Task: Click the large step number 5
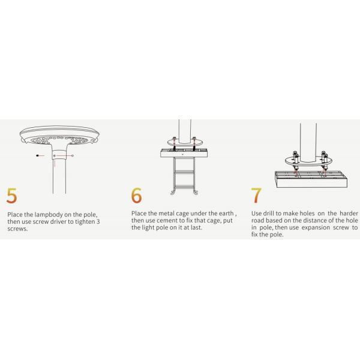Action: pos(11,196)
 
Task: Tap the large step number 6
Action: pos(136,195)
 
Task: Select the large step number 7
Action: pos(256,195)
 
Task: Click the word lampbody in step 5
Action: pos(49,215)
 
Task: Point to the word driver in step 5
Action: pos(58,222)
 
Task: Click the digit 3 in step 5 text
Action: pos(98,222)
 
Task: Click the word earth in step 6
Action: pos(226,213)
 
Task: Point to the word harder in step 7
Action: pos(349,213)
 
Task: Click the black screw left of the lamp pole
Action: pos(37,155)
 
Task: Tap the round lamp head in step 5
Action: pos(59,135)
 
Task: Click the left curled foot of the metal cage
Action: pos(173,192)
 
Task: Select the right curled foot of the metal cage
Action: pos(196,192)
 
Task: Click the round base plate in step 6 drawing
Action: pos(185,142)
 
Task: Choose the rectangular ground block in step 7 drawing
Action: pos(311,179)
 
